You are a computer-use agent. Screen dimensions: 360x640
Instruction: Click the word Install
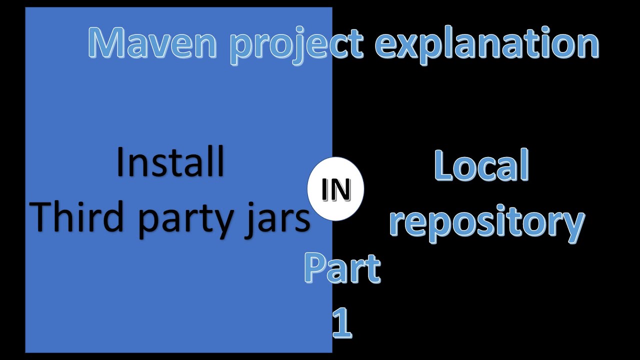pyautogui.click(x=170, y=162)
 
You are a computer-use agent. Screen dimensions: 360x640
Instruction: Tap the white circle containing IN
pyautogui.click(x=335, y=189)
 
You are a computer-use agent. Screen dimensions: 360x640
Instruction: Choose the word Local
pyautogui.click(x=481, y=165)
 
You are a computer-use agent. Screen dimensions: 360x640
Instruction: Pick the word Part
pyautogui.click(x=342, y=268)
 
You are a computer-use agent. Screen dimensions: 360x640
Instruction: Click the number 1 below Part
pyautogui.click(x=342, y=322)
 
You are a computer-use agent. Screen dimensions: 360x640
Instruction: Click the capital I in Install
pyautogui.click(x=120, y=162)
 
